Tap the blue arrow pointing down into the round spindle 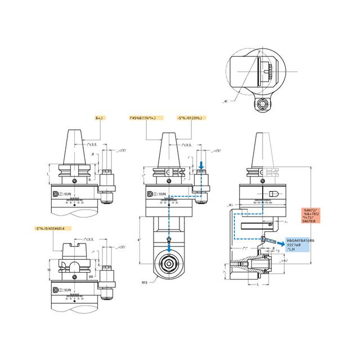pos(169,240)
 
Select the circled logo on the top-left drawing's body pos(55,194)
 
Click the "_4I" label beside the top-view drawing pos(225,101)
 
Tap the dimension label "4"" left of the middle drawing pos(140,238)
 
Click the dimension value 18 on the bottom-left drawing pos(49,270)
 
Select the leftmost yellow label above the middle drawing pos(146,118)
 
